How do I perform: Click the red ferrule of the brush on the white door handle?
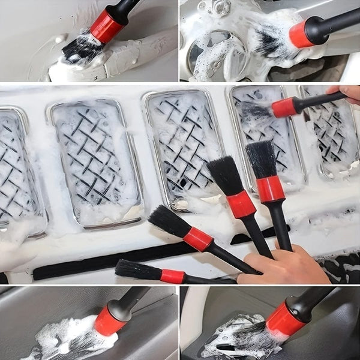point(106,26)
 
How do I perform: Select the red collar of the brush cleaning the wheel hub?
point(301,35)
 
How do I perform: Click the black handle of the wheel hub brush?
point(336,21)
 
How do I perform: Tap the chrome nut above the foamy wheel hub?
point(224,8)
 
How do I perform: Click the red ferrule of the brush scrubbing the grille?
point(284,107)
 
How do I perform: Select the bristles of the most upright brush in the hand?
point(262,160)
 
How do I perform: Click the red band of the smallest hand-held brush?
point(172,276)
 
